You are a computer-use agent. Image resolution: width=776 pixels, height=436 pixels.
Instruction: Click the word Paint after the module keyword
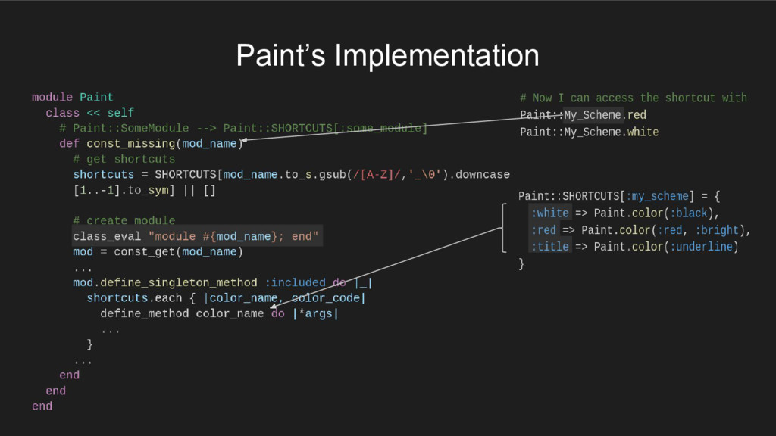[x=96, y=97]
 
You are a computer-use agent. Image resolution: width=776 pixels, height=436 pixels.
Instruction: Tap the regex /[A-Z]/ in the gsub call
[x=377, y=174]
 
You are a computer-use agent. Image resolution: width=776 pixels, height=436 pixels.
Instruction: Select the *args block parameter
[x=315, y=313]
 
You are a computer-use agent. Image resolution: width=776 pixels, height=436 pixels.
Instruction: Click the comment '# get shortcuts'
[x=124, y=159]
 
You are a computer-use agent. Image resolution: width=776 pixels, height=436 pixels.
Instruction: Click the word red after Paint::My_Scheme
[x=637, y=115]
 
